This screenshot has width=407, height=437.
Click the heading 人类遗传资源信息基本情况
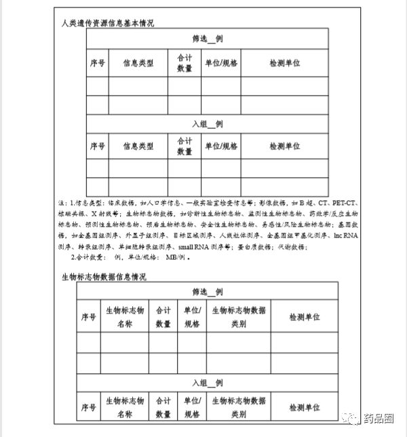(x=108, y=23)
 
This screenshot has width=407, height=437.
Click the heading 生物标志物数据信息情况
(x=104, y=277)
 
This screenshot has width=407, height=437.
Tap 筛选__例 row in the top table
(x=207, y=39)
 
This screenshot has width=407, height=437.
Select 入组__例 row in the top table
(x=207, y=124)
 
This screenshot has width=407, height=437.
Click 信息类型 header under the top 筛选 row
(x=138, y=63)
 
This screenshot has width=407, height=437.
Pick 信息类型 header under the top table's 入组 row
(x=138, y=146)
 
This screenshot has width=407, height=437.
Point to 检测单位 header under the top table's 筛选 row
(x=284, y=63)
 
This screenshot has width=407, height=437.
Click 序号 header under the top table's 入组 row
(x=97, y=146)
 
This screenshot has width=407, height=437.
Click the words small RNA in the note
(x=193, y=246)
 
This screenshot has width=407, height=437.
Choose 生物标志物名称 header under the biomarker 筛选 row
(x=125, y=317)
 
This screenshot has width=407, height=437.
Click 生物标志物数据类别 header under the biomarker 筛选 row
(x=239, y=317)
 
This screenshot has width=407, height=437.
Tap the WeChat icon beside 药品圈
(x=353, y=419)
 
